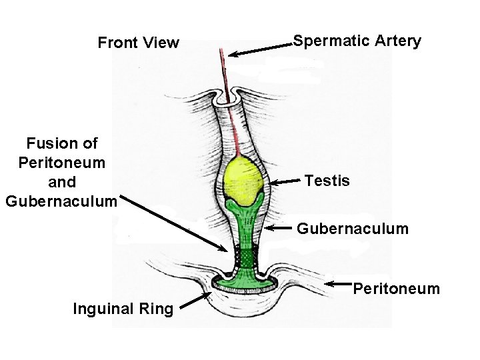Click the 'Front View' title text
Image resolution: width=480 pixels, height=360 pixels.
(138, 43)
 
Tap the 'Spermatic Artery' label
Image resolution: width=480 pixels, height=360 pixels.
(357, 41)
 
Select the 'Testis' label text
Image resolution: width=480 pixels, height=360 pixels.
(327, 181)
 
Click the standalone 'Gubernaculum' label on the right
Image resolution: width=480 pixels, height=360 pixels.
(352, 229)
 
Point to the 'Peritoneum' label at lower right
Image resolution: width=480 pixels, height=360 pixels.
(396, 289)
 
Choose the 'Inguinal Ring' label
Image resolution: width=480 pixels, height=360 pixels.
(123, 309)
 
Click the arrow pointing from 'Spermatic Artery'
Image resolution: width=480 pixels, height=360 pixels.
(260, 49)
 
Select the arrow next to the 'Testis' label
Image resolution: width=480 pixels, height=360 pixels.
(285, 181)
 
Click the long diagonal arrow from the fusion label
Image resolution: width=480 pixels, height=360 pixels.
(177, 224)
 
